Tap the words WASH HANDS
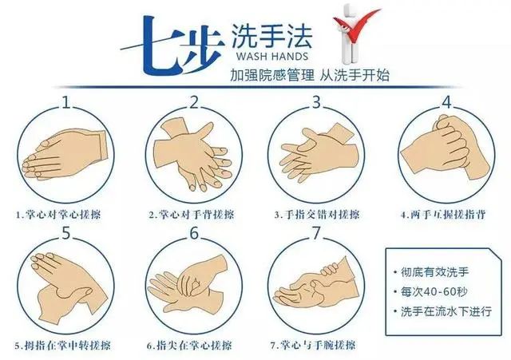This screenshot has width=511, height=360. (272, 56)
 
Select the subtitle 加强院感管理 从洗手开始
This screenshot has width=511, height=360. (310, 75)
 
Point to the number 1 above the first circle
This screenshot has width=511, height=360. (66, 102)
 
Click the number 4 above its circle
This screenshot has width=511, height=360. (446, 102)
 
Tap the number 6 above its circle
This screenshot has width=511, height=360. (194, 233)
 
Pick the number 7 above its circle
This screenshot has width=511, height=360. (316, 233)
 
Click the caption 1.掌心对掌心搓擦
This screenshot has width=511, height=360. (58, 215)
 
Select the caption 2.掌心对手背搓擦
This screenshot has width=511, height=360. (192, 215)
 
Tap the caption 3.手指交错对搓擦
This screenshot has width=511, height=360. (317, 215)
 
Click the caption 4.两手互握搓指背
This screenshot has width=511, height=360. (443, 215)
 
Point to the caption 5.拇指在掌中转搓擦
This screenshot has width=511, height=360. (62, 346)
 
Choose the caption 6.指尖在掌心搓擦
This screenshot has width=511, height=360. (189, 346)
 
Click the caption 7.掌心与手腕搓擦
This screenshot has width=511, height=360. (313, 345)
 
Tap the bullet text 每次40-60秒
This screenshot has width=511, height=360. (434, 291)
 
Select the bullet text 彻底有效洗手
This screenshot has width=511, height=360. (434, 271)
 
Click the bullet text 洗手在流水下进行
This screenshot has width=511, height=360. (446, 311)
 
